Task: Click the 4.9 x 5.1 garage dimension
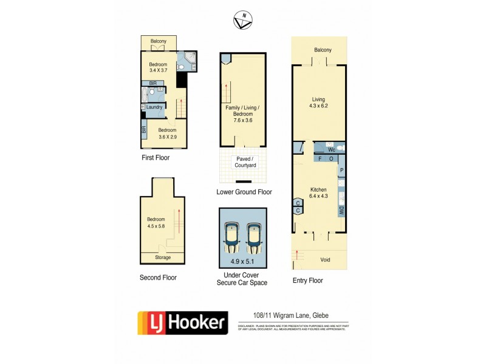(x=243, y=262)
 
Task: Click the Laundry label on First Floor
(x=154, y=107)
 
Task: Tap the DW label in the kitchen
(x=341, y=211)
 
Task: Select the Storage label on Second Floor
(x=162, y=257)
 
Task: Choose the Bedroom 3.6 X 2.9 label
(x=167, y=133)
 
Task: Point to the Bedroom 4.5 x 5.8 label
(x=157, y=223)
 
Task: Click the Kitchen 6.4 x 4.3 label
(x=319, y=192)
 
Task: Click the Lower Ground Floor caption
(x=244, y=192)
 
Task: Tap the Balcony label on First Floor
(x=160, y=41)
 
